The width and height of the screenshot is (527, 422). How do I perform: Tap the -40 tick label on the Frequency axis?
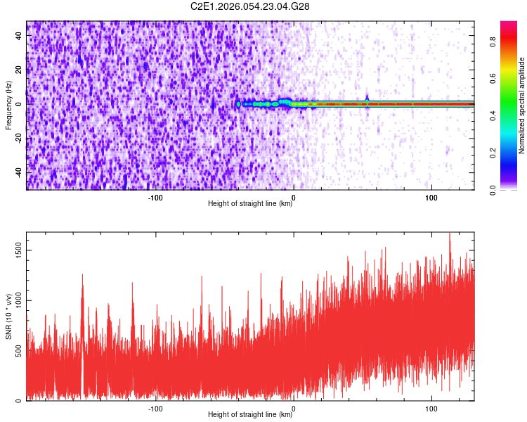pyautogui.click(x=18, y=172)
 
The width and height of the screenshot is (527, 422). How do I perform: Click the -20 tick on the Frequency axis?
pyautogui.click(x=18, y=138)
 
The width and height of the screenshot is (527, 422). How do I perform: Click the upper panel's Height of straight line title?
pyautogui.click(x=250, y=203)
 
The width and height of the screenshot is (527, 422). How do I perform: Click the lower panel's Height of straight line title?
pyautogui.click(x=250, y=414)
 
